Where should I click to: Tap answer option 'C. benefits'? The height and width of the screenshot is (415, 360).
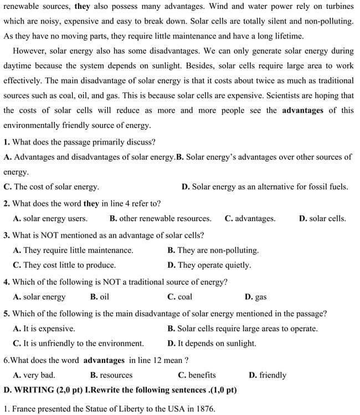[197, 375]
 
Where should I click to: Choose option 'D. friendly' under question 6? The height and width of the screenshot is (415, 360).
[268, 375]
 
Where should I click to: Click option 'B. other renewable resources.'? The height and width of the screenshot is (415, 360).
[160, 219]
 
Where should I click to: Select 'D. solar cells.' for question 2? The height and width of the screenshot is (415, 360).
[322, 219]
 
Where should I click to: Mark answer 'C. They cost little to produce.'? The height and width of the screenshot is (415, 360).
[64, 265]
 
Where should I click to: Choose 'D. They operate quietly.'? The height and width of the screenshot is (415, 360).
[209, 265]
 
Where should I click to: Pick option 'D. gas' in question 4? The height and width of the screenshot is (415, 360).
[255, 297]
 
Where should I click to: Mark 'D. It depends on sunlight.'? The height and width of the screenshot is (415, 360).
[212, 343]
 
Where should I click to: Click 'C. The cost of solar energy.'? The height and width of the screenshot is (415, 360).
[52, 187]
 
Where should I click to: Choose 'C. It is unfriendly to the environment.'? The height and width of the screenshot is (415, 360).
[78, 343]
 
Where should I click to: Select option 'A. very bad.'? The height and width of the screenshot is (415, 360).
[34, 375]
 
